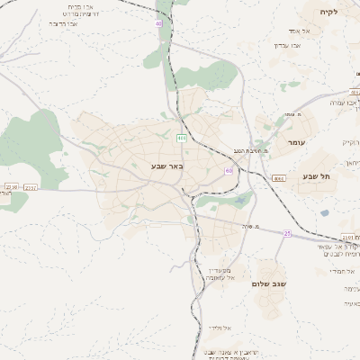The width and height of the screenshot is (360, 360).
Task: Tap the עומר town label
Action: pyautogui.click(x=300, y=143)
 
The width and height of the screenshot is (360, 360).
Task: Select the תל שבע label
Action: pyautogui.click(x=317, y=176)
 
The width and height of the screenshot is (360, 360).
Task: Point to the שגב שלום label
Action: pyautogui.click(x=270, y=283)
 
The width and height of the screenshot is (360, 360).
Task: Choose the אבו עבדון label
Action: pyautogui.click(x=293, y=45)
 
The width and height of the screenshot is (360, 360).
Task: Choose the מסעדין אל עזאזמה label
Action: pyautogui.click(x=217, y=274)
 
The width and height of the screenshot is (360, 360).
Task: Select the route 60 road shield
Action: pyautogui.click(x=229, y=169)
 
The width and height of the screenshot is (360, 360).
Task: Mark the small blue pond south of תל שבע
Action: pyautogui.click(x=324, y=213)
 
